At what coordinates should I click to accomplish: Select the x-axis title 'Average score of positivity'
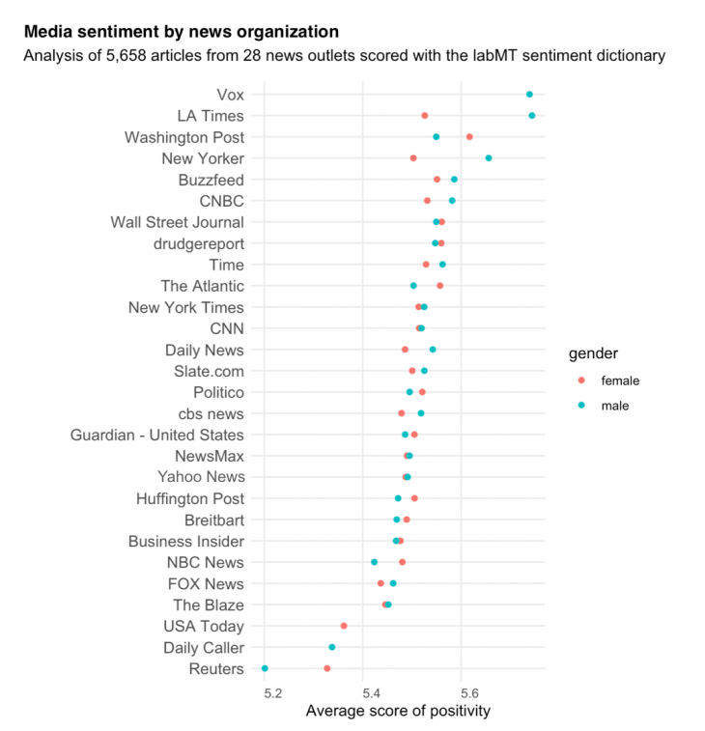(x=398, y=711)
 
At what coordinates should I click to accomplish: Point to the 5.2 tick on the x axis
(x=272, y=690)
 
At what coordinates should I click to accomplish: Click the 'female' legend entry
(x=619, y=380)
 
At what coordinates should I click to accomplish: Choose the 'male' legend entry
(x=614, y=406)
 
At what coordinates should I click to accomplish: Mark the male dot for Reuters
(x=265, y=668)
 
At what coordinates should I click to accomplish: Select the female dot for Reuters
(x=327, y=668)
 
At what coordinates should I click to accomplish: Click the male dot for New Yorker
(x=489, y=158)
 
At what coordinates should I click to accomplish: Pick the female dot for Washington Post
(x=469, y=137)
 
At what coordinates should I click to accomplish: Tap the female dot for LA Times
(x=425, y=116)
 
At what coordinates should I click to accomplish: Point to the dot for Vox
(x=529, y=95)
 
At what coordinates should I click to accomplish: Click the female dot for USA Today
(x=344, y=626)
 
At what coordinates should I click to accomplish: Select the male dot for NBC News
(x=375, y=562)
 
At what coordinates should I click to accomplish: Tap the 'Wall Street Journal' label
(x=177, y=222)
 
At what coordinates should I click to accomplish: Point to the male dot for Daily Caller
(x=332, y=647)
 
